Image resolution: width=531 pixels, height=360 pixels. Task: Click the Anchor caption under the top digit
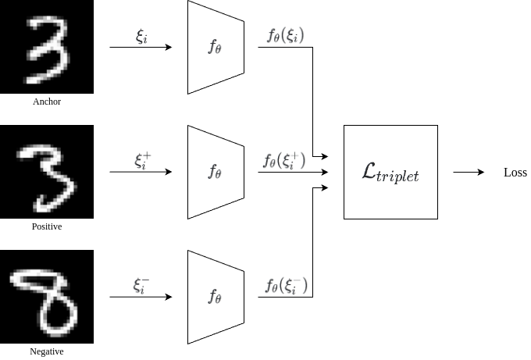(47, 102)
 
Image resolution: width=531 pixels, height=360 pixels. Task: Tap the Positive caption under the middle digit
(47, 226)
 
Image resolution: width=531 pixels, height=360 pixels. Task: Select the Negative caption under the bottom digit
(47, 351)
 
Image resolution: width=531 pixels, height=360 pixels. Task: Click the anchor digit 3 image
(47, 47)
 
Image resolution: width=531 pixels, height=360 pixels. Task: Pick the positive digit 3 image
(47, 172)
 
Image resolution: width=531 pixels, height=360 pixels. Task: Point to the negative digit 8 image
(47, 297)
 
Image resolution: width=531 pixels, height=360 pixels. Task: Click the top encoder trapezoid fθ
(216, 47)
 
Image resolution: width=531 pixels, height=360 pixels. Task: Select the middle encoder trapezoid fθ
(216, 172)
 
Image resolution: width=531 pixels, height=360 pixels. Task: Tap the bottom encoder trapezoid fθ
(216, 297)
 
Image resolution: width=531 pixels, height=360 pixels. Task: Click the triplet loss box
(390, 172)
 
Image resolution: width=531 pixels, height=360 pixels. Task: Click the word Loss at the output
(515, 173)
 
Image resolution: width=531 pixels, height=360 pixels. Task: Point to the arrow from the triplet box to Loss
(469, 172)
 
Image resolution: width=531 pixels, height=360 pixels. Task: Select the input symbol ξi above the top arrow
(141, 36)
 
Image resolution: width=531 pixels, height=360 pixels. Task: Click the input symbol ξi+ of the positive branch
(142, 160)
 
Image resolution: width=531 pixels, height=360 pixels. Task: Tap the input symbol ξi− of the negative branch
(141, 285)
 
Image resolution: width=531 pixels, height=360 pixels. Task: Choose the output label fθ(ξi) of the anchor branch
(285, 36)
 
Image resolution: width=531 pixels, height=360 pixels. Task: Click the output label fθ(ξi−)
(286, 285)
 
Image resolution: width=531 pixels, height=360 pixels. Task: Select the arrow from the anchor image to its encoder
(141, 47)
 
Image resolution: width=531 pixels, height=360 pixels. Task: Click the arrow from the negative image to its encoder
(141, 297)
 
